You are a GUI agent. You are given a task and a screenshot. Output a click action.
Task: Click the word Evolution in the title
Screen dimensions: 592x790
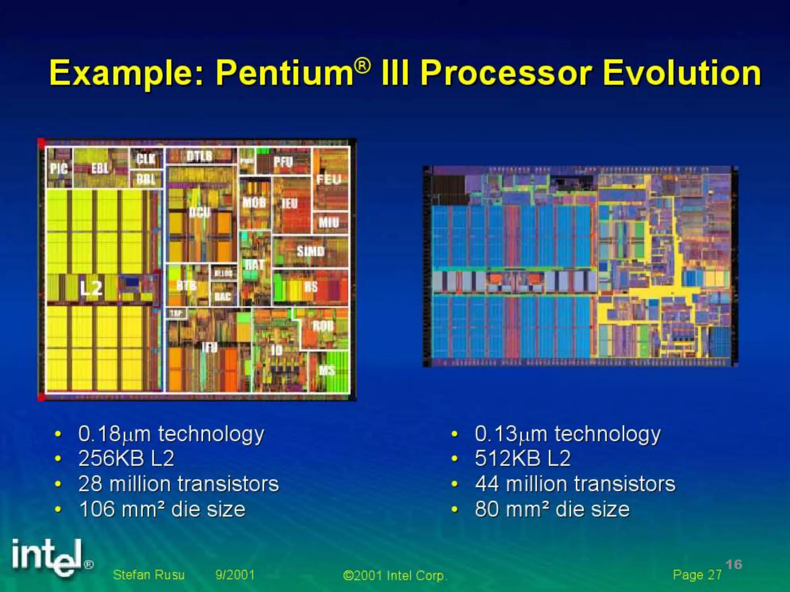[682, 73]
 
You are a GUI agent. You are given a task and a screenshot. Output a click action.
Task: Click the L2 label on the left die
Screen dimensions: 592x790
[91, 288]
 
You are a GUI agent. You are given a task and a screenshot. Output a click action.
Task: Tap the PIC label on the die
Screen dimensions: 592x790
[59, 168]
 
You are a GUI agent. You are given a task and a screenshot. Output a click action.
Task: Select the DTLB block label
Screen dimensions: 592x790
[199, 156]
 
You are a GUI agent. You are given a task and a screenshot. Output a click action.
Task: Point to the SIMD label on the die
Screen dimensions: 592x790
[311, 251]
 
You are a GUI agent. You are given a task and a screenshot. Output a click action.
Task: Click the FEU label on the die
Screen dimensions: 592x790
[329, 179]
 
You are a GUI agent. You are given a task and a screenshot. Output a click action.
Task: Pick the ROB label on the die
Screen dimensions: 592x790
[323, 326]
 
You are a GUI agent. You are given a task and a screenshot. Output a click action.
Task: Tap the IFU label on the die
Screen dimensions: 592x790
[209, 348]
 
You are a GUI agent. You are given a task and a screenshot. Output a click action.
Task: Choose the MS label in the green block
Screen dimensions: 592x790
[327, 371]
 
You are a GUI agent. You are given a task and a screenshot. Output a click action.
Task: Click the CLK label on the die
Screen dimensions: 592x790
[146, 158]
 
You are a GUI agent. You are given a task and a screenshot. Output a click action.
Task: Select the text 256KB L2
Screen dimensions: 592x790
[126, 459]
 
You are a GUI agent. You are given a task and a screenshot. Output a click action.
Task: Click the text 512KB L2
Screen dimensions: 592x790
[522, 459]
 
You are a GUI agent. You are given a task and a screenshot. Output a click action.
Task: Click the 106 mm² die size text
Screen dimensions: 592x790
[162, 509]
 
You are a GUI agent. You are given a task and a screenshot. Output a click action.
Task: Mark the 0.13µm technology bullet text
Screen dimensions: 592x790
[567, 434]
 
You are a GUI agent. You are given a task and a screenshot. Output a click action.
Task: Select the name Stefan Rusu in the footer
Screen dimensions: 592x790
[149, 575]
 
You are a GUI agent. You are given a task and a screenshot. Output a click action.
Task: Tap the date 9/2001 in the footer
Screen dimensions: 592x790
[235, 575]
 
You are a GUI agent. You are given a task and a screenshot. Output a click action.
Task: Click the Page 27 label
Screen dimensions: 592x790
[697, 575]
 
